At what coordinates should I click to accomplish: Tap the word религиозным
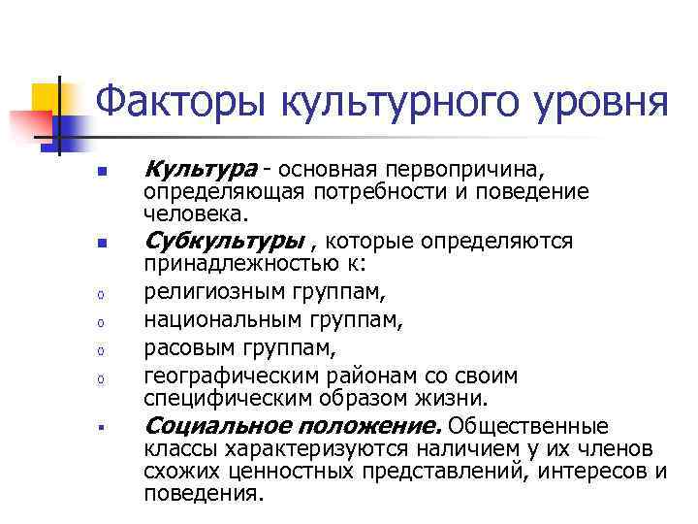(214, 289)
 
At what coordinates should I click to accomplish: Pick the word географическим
(231, 376)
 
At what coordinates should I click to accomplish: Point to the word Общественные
(529, 426)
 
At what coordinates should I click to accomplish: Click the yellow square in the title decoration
(47, 97)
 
